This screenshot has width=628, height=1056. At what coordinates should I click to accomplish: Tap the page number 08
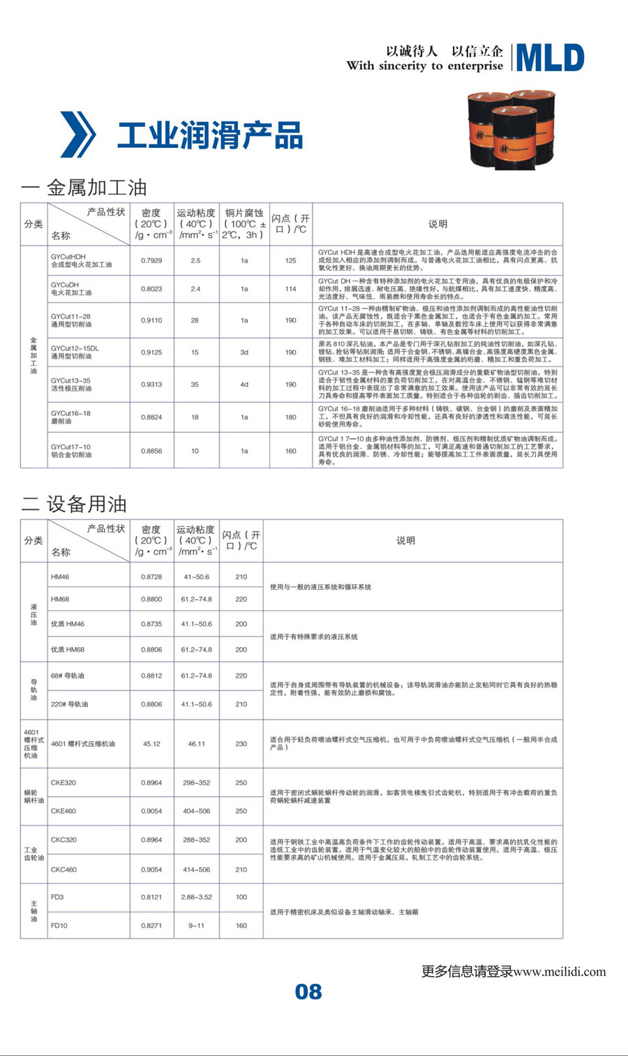[308, 992]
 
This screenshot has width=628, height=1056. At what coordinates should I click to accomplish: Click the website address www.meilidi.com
[560, 972]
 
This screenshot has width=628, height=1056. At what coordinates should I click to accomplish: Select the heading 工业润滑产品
[210, 135]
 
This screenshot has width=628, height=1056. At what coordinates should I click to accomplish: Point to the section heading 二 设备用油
[74, 504]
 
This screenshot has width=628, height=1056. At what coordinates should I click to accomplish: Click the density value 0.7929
[151, 260]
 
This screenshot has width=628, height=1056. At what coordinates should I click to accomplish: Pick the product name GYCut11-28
[70, 316]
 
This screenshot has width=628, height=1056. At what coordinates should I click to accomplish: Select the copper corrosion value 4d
[244, 385]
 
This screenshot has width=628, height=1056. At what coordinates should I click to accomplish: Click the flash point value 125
[291, 260]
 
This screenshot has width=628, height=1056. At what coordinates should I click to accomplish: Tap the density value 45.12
[151, 744]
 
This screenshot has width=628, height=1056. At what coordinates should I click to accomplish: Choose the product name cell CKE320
[63, 782]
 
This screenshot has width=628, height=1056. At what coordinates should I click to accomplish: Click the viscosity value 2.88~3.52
[196, 897]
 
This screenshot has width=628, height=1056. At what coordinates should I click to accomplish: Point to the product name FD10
[59, 925]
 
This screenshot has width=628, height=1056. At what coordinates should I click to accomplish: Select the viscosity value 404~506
[196, 811]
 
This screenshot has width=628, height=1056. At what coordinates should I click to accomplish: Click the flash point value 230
[241, 744]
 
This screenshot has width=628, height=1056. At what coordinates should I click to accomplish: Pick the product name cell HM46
[60, 577]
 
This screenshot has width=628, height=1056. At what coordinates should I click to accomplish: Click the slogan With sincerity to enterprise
[424, 66]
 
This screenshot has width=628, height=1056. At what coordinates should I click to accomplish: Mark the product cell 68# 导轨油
[68, 676]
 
